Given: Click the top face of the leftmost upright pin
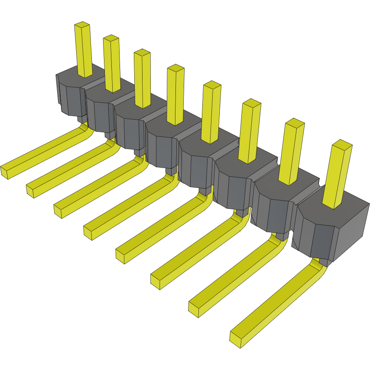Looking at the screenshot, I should click(82, 26).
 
